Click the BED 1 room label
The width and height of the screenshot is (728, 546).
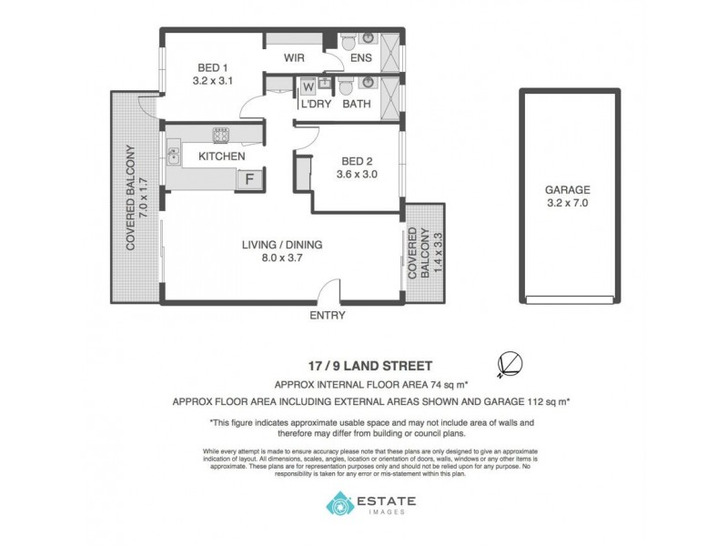point(214,66)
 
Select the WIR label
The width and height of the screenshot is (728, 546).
point(293,58)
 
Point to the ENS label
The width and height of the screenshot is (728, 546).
point(361,58)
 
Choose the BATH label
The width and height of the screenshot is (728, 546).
point(356,105)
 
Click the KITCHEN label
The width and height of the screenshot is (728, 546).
point(222,157)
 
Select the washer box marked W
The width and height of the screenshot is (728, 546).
point(308,86)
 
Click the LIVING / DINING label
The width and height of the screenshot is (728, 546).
point(282,244)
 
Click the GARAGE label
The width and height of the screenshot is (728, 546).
point(568,189)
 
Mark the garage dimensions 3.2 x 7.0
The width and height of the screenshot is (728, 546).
point(568,203)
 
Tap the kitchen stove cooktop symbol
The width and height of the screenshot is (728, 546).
point(221,136)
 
